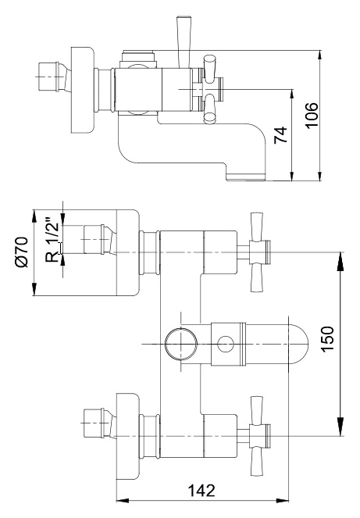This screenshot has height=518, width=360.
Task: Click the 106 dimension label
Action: (x=312, y=115)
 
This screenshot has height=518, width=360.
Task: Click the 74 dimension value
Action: (x=281, y=135)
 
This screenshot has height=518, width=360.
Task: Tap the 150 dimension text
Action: (x=328, y=339)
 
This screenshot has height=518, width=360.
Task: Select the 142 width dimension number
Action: (x=201, y=491)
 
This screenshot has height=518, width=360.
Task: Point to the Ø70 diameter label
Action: (x=23, y=252)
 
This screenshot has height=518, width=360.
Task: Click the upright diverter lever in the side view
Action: (x=184, y=41)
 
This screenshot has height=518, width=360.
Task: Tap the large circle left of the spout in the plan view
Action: (x=181, y=344)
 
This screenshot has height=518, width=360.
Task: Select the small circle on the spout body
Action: (x=226, y=344)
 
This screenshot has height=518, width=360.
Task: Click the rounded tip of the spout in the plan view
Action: (x=304, y=344)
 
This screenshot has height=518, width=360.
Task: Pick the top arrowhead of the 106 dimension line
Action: (x=319, y=55)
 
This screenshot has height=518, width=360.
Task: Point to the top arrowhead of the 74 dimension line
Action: (x=292, y=95)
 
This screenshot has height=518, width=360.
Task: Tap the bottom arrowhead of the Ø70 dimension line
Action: (x=34, y=290)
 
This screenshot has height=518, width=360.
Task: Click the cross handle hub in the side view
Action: (x=208, y=89)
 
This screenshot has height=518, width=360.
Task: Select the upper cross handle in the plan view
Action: (x=258, y=252)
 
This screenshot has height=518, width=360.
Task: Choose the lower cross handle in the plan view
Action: (x=258, y=436)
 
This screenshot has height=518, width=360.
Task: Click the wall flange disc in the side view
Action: (x=83, y=91)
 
